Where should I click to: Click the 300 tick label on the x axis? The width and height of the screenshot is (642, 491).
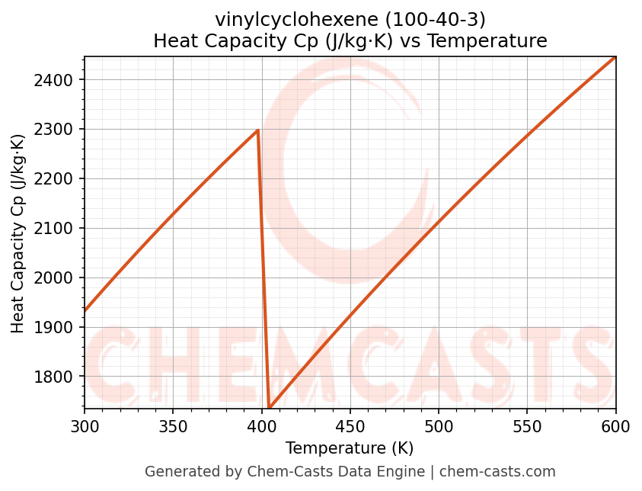point(85,426)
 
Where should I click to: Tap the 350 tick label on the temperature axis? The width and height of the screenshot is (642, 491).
point(173,426)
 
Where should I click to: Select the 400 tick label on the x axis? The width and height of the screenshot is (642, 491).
point(262,426)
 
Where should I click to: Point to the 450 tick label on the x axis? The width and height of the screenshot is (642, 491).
point(350,426)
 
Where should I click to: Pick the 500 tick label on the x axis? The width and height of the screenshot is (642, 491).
point(439,426)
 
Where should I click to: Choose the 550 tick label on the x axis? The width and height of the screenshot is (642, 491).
point(527,426)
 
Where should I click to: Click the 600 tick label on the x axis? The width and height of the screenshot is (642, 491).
point(615,426)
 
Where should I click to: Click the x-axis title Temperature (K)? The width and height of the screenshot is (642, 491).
point(350,448)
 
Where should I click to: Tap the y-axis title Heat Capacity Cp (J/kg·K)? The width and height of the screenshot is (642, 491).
point(18,233)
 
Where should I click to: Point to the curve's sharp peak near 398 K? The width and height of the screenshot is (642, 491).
point(258,130)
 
